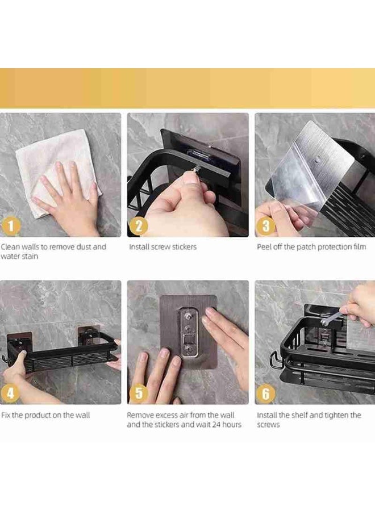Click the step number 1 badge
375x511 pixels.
(11, 225)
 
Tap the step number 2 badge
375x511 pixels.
(139, 225)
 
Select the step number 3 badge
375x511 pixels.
(266, 225)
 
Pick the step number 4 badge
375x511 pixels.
(11, 393)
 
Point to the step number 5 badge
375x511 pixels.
(139, 393)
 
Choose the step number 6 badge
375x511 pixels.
(266, 393)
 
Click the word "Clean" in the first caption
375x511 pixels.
(10, 247)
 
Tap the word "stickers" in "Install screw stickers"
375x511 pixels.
(184, 247)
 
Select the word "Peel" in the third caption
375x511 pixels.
(264, 247)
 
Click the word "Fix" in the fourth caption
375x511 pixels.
(6, 415)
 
